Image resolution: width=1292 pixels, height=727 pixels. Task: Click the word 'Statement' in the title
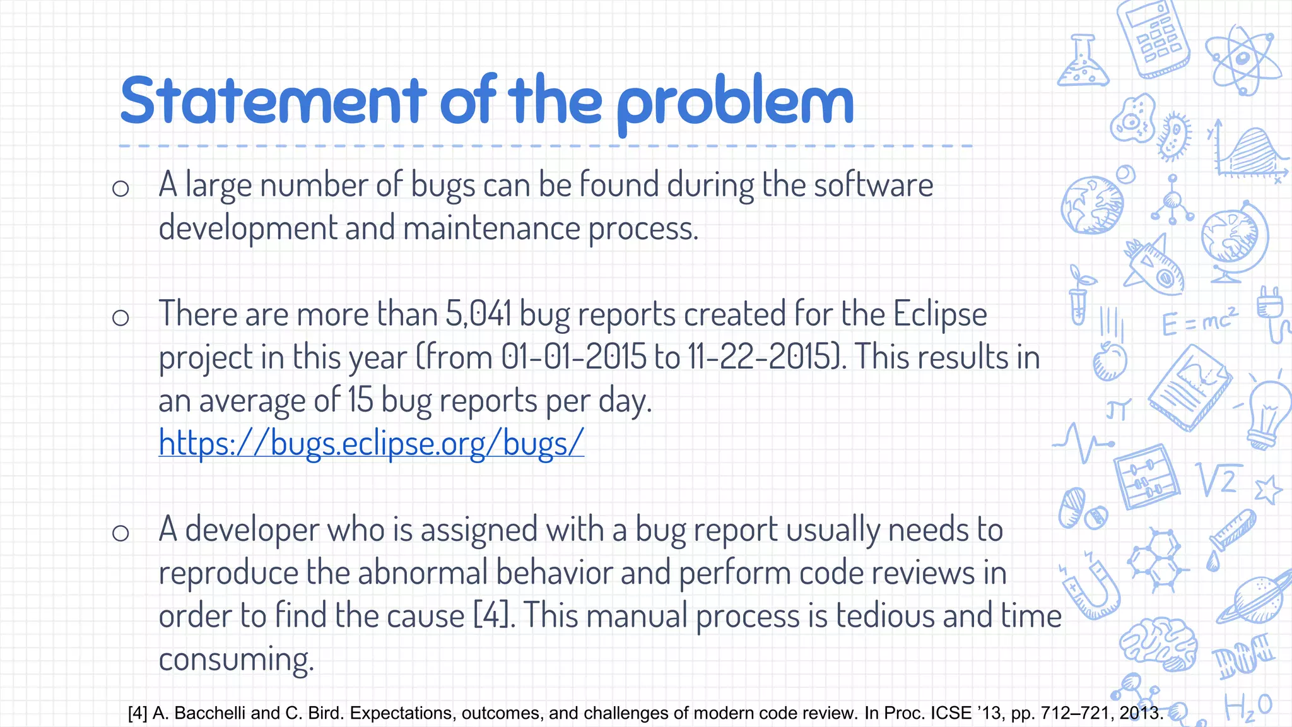pos(273,101)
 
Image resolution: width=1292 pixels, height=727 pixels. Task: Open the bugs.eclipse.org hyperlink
pos(371,443)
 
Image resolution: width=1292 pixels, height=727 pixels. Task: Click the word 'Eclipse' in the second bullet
pos(939,314)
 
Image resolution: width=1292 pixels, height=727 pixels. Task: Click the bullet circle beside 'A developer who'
pos(120,533)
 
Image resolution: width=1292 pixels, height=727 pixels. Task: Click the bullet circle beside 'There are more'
pos(120,317)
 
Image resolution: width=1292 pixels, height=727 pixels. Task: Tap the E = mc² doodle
pos(1199,321)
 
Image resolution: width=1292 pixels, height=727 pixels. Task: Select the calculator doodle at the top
pos(1153,39)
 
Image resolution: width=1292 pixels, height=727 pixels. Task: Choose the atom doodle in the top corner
pos(1242,60)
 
